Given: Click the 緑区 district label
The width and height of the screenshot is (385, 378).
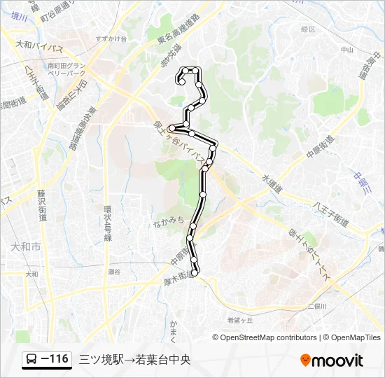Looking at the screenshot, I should point(308,29).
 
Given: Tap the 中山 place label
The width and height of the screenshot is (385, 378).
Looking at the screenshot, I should point(346,50).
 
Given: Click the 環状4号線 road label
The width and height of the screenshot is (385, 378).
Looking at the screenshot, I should point(108,223).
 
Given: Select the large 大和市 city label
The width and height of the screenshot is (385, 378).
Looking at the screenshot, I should point(27,247).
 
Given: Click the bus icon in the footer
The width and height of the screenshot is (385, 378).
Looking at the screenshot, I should point(32,360).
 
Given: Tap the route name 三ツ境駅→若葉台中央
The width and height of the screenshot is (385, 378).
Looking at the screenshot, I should point(134,360).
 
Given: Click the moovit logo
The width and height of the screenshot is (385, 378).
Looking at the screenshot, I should point(332,360).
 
